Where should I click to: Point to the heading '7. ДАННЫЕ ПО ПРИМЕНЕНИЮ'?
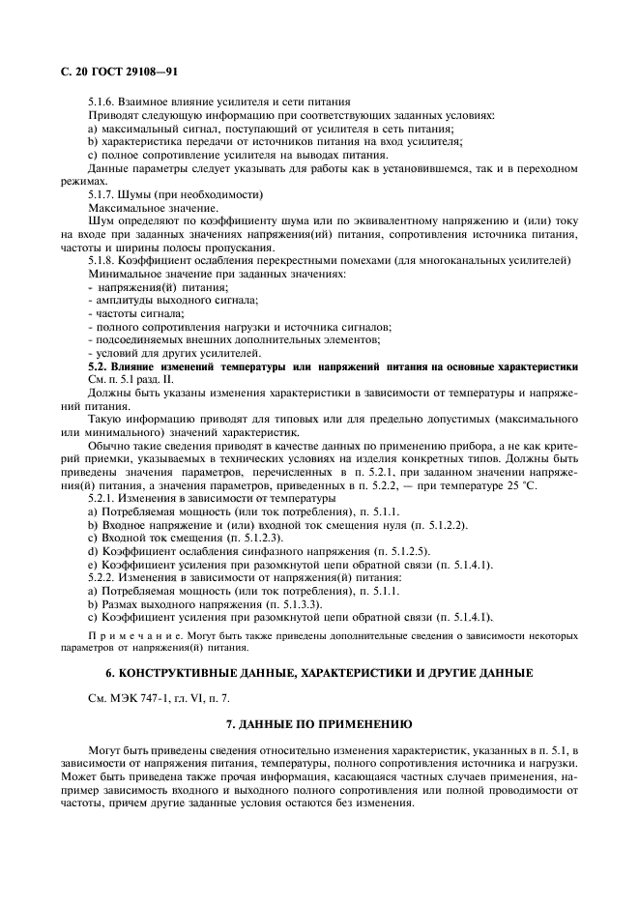tap(318, 750)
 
